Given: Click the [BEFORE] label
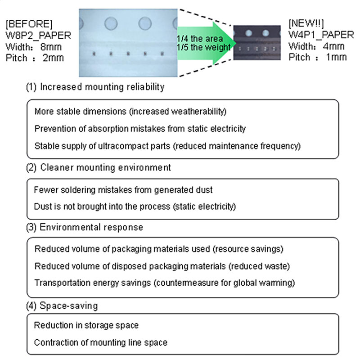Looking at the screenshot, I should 29,23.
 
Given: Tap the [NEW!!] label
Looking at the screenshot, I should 306,23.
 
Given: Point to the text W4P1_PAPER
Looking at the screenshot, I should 317,35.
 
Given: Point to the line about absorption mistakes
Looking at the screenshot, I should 140,129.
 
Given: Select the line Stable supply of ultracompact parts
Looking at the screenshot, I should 166,146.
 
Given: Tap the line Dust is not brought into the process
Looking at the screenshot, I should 135,207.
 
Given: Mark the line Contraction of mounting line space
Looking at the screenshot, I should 101,342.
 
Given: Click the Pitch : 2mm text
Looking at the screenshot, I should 35,58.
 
